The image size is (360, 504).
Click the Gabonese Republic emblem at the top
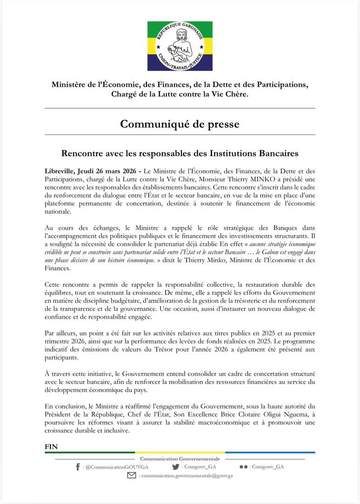click(180, 46)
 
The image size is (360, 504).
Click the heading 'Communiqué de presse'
click(180, 124)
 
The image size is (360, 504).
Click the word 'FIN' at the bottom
click(51, 447)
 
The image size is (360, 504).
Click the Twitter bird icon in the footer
click(175, 466)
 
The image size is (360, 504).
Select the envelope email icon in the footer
click(132, 476)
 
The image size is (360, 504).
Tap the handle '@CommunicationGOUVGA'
click(111, 467)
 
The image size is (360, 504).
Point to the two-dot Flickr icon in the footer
click(243, 467)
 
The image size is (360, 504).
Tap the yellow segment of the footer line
click(180, 452)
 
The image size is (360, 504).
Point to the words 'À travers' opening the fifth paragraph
click(59, 374)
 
